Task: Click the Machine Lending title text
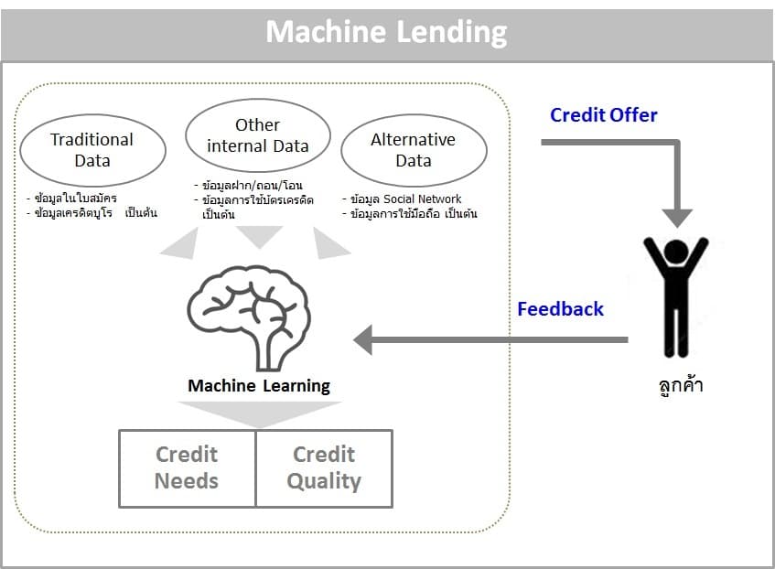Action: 386,33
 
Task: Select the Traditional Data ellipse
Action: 92,150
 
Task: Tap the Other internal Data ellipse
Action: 257,135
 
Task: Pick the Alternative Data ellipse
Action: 413,150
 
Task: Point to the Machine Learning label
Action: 259,385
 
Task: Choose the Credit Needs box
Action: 187,467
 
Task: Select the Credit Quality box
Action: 324,467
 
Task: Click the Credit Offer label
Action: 603,115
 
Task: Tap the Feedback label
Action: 560,309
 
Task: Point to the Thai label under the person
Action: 677,384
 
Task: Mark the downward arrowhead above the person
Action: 677,218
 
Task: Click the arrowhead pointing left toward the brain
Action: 364,339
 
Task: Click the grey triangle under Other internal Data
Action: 259,236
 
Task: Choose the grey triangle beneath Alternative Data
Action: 329,242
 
